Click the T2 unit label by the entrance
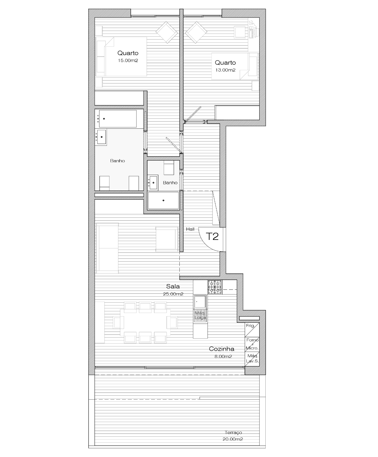pyautogui.click(x=212, y=237)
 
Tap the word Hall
pyautogui.click(x=190, y=229)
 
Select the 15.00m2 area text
pyautogui.click(x=128, y=60)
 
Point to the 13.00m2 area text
pyautogui.click(x=225, y=70)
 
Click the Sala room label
pyautogui.click(x=173, y=286)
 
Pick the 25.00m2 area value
pyautogui.click(x=173, y=294)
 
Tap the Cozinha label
pyautogui.click(x=221, y=349)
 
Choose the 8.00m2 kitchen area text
pyautogui.click(x=223, y=356)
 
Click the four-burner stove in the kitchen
pyautogui.click(x=215, y=287)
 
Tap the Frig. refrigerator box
pyautogui.click(x=252, y=330)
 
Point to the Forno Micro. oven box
pyautogui.click(x=252, y=344)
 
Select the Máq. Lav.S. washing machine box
pyautogui.click(x=252, y=359)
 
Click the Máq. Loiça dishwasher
pyautogui.click(x=200, y=316)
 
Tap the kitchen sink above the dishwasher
pyautogui.click(x=200, y=302)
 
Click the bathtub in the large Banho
pyautogui.click(x=118, y=119)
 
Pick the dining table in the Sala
pyautogui.click(x=145, y=322)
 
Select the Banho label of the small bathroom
pyautogui.click(x=170, y=183)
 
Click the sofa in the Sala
pyautogui.click(x=107, y=248)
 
